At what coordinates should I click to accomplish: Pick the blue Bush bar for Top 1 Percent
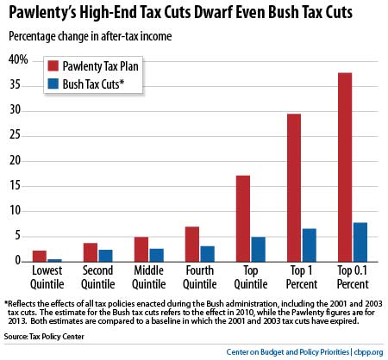tap(309, 245)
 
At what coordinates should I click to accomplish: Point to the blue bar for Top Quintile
tap(259, 249)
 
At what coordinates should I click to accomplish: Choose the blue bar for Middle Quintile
tap(157, 254)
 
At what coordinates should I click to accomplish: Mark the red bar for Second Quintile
tap(91, 251)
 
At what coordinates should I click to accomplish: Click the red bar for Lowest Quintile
tap(40, 255)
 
